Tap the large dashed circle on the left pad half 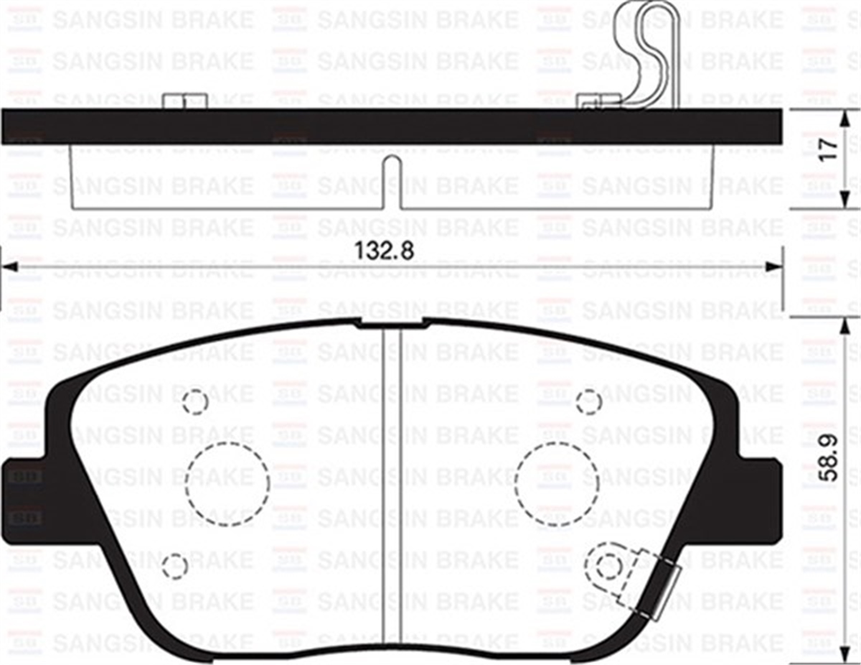pyautogui.click(x=227, y=484)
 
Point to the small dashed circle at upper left pyautogui.click(x=195, y=402)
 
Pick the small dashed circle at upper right pyautogui.click(x=589, y=402)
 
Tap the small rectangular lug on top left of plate pyautogui.click(x=185, y=101)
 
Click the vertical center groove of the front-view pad pyautogui.click(x=392, y=488)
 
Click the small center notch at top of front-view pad pyautogui.click(x=392, y=323)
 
